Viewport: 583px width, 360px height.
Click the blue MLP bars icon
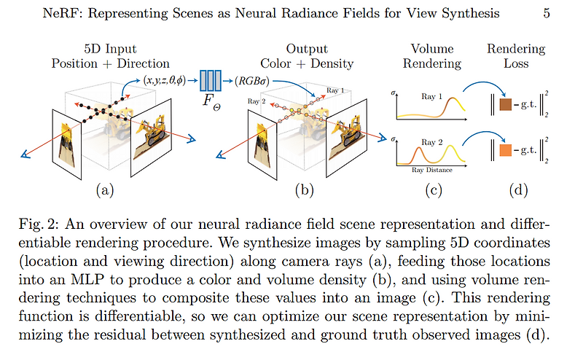click(x=212, y=79)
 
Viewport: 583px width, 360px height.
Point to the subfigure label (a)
click(x=104, y=191)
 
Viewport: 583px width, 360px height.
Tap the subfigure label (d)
click(x=516, y=191)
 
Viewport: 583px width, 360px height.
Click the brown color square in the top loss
click(x=506, y=106)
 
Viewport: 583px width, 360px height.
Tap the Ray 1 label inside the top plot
click(x=434, y=95)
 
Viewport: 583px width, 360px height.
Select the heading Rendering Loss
click(x=516, y=55)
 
